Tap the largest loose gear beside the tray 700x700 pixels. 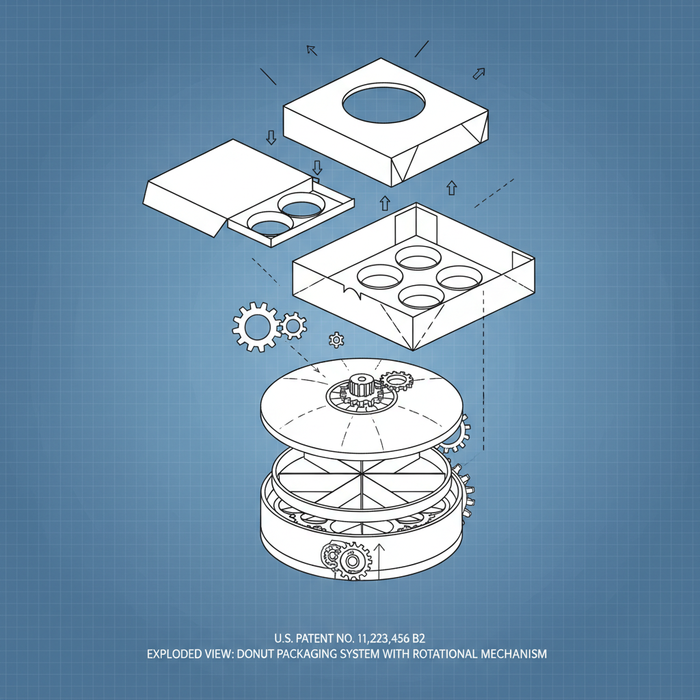[256, 327]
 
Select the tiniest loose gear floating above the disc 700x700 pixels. [336, 339]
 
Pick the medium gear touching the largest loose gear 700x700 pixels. [294, 325]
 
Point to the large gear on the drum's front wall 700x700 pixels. [353, 561]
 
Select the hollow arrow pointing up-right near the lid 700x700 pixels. [480, 72]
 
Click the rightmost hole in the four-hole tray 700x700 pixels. [459, 277]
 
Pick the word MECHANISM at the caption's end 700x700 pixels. [514, 654]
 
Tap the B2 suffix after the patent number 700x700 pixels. [417, 638]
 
